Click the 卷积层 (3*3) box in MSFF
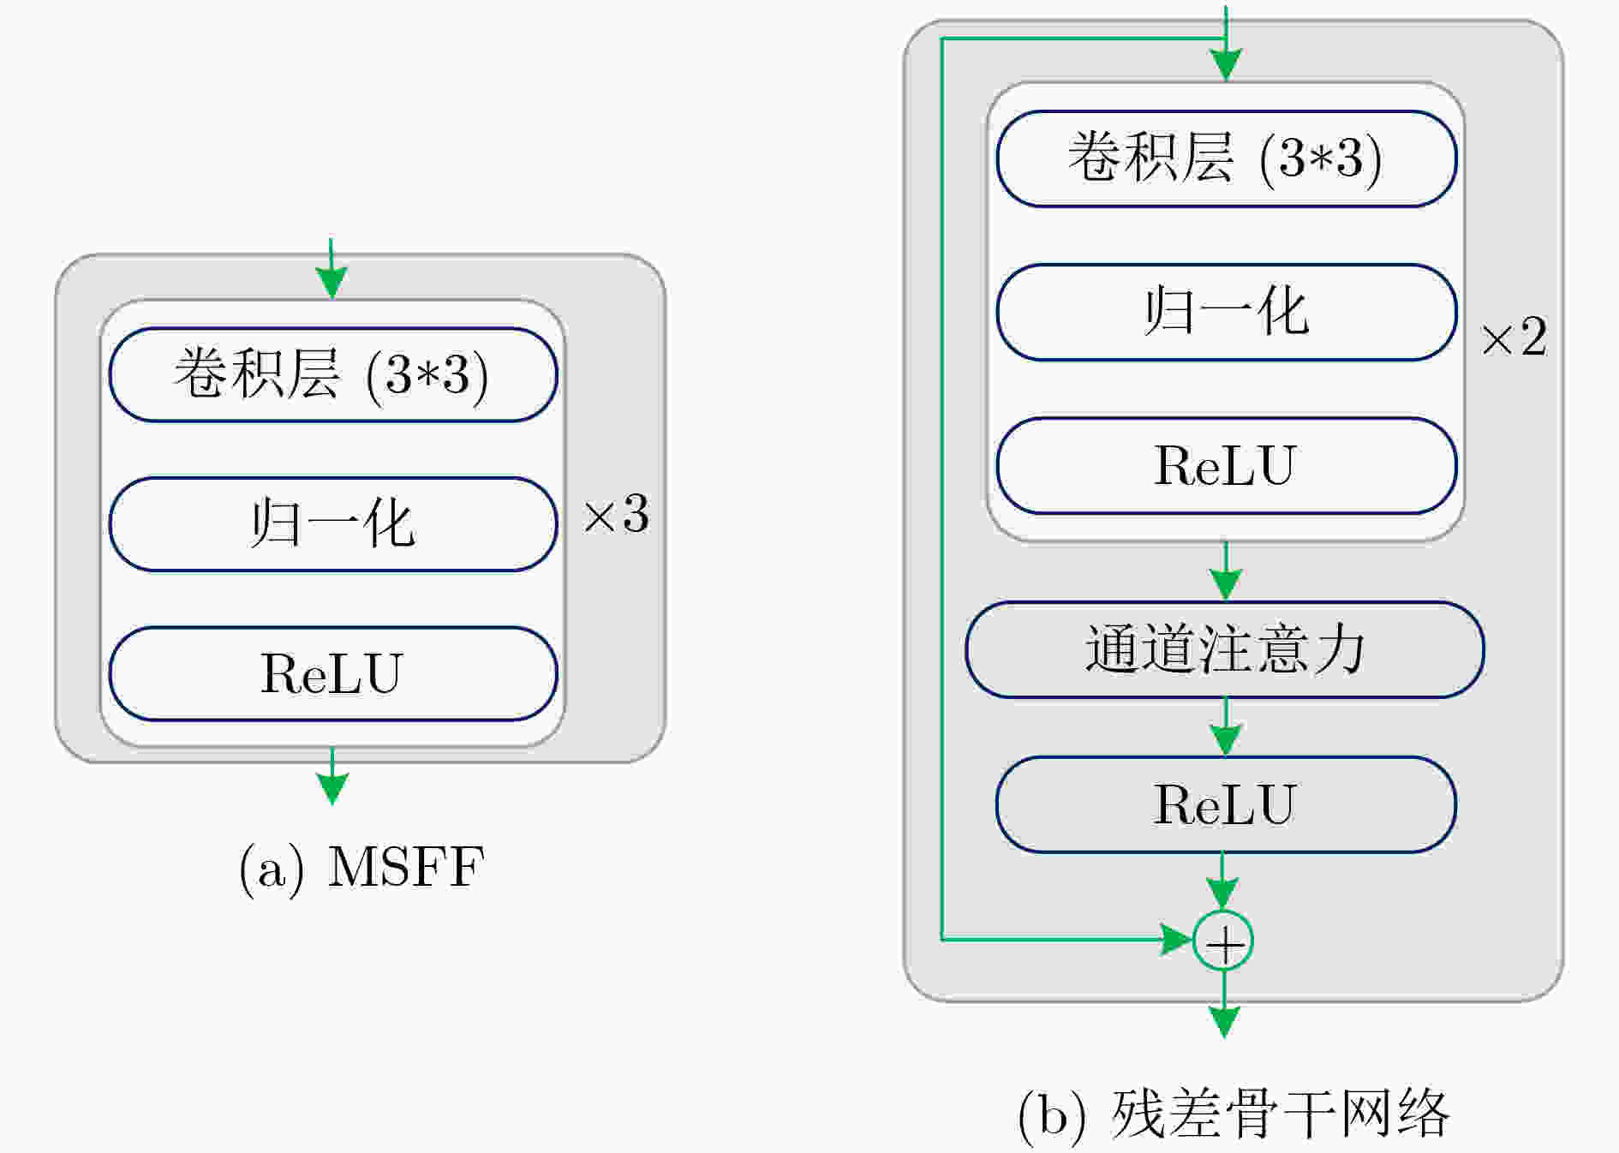click(333, 374)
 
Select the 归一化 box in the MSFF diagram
click(333, 523)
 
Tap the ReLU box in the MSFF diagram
click(333, 673)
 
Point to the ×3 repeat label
click(616, 515)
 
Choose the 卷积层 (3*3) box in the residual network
click(1227, 158)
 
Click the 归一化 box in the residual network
click(1227, 312)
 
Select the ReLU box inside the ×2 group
click(1227, 465)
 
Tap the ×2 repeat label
click(1514, 337)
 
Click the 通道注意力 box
click(1225, 649)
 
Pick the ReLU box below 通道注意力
click(1226, 804)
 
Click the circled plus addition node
click(1223, 941)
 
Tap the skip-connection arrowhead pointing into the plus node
click(1177, 940)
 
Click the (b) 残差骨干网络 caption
click(1234, 1114)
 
